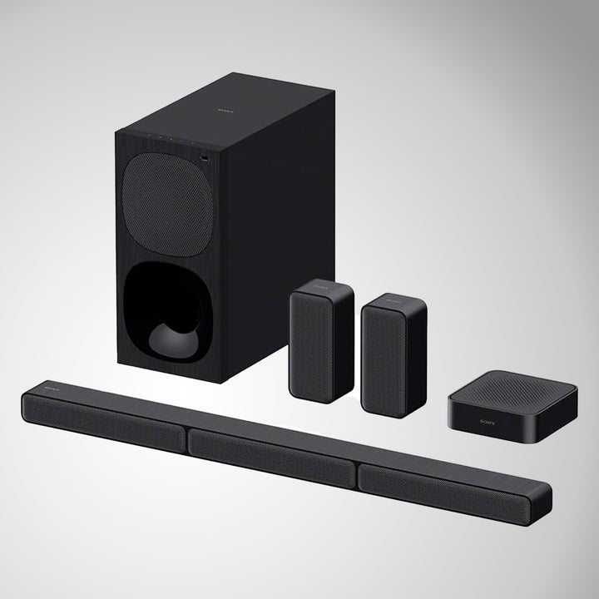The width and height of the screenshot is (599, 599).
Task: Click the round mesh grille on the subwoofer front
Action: [162, 205]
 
